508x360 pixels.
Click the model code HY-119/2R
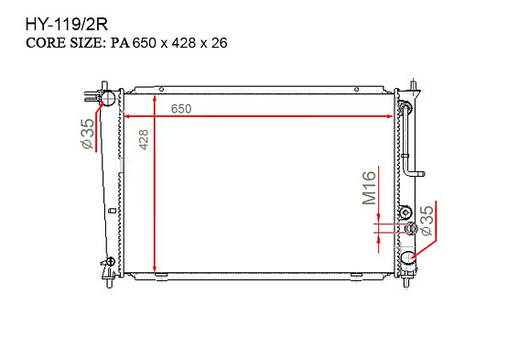[x=67, y=25]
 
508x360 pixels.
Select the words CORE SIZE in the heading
[x=64, y=43]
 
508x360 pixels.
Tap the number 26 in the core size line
[x=220, y=43]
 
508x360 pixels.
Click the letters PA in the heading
[x=120, y=43]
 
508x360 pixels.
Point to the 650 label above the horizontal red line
[x=181, y=109]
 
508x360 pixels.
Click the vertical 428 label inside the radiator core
[x=144, y=139]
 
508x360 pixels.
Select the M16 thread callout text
[x=369, y=188]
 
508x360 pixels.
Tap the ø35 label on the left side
[x=88, y=134]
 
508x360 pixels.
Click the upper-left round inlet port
[x=108, y=98]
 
